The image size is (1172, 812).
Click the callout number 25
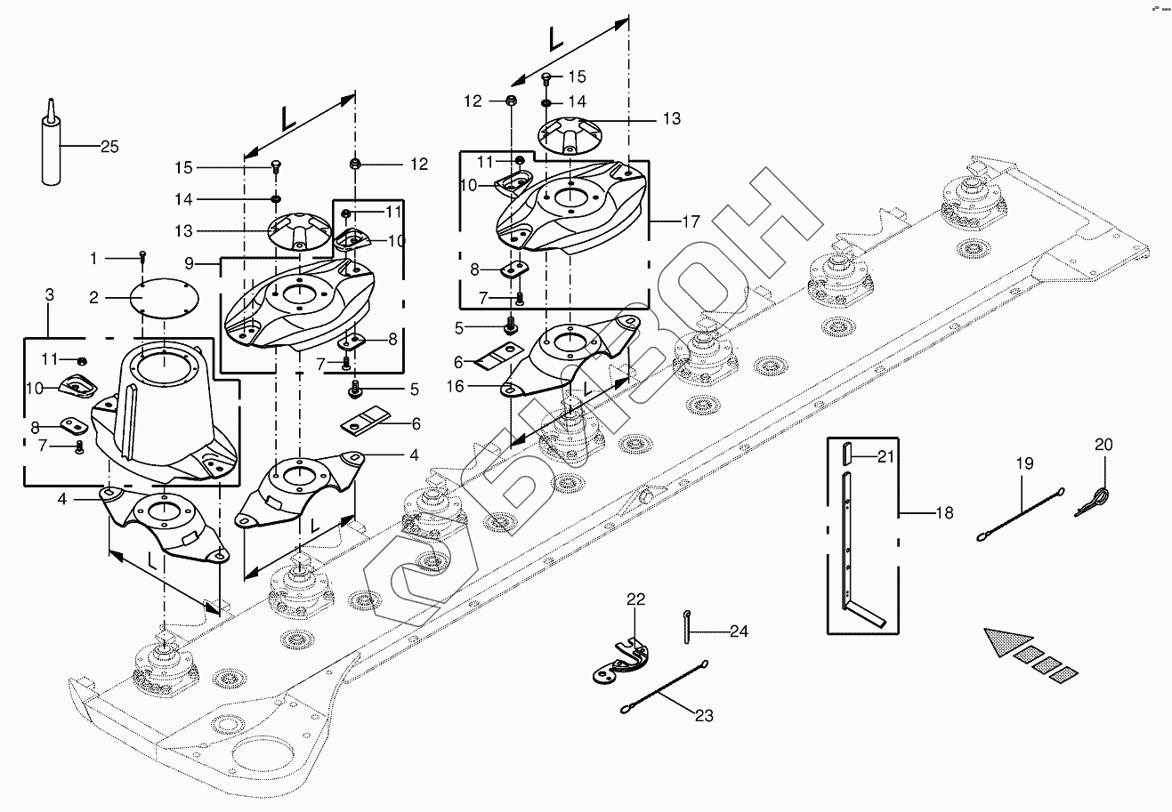(x=109, y=147)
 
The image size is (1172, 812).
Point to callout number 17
(x=691, y=221)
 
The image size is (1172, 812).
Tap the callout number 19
(x=1023, y=462)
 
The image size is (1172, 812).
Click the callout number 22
(x=635, y=599)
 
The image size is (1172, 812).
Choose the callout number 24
(x=739, y=631)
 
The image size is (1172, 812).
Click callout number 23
(x=703, y=714)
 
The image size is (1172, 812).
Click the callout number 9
(x=190, y=263)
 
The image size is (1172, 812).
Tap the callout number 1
(x=94, y=258)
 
